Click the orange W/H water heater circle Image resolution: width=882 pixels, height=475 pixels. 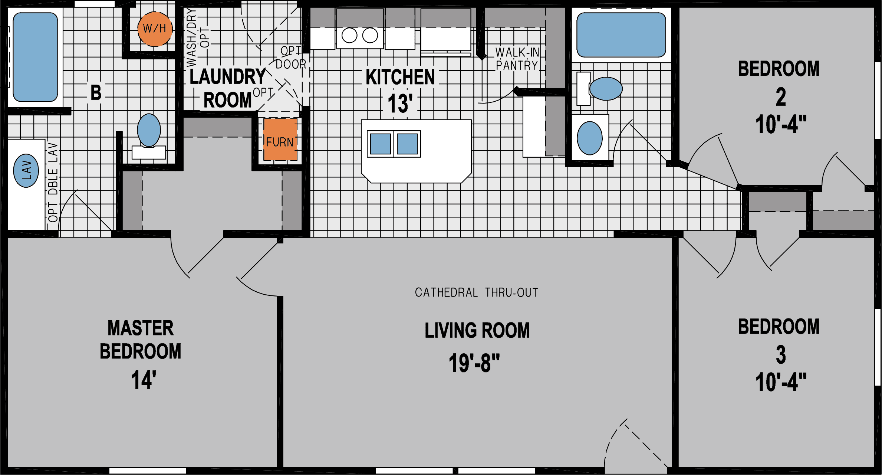[155, 29]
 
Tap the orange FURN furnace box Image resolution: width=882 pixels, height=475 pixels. [280, 140]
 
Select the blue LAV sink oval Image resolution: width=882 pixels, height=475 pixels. [26, 170]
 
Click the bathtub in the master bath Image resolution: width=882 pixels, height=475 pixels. [35, 57]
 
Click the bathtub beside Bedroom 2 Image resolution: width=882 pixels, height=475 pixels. [621, 35]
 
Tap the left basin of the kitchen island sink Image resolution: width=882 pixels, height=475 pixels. [380, 144]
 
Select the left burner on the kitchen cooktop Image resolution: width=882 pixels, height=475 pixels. [349, 36]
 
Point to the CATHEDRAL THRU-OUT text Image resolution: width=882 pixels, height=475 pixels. [476, 293]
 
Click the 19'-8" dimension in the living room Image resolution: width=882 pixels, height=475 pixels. [474, 363]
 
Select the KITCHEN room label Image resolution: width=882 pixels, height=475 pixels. [400, 77]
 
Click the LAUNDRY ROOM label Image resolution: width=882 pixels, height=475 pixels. [227, 88]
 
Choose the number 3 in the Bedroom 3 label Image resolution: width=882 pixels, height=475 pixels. [781, 354]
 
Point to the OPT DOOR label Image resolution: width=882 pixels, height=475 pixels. [291, 58]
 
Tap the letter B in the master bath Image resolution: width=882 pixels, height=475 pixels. [96, 93]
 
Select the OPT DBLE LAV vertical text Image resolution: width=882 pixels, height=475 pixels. [53, 182]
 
